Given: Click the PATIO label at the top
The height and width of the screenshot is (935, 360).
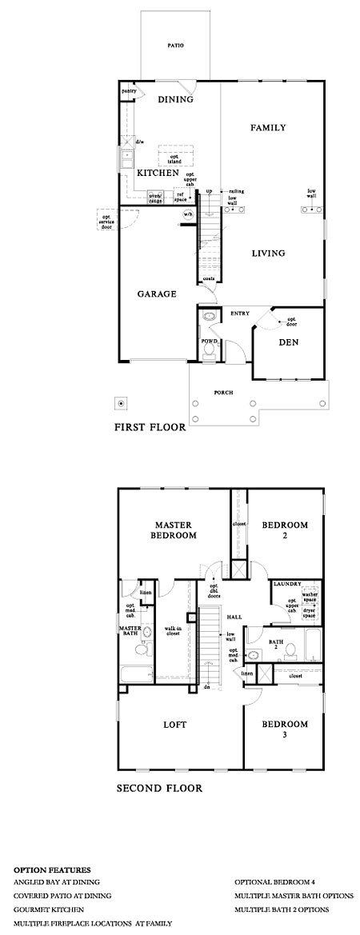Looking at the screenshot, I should tap(176, 46).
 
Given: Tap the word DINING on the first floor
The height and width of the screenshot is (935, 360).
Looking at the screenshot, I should tap(176, 100).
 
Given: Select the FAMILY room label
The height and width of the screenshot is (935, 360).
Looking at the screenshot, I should tap(268, 128).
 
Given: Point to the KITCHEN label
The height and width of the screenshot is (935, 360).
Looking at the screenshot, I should tap(157, 173).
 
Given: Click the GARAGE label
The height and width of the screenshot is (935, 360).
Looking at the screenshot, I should tap(156, 294).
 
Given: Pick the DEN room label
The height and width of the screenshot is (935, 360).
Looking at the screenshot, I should tap(288, 342).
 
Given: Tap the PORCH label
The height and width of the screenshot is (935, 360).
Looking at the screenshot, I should tap(223, 393).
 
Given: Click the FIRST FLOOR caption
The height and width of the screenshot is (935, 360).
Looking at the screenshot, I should tap(151, 427).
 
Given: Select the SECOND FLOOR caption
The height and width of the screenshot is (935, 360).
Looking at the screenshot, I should tap(159, 788).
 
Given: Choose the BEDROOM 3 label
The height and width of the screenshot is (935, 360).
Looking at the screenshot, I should tap(285, 729).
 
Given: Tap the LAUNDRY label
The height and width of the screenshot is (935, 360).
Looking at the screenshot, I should tap(286, 585).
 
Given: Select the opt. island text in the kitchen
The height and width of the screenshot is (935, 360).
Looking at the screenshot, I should tap(169, 157).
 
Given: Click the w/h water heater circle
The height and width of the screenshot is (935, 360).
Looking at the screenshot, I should tap(189, 214).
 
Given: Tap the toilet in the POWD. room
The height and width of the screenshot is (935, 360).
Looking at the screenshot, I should tap(210, 353).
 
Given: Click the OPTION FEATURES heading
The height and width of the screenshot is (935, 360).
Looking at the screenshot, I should tap(52, 869).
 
